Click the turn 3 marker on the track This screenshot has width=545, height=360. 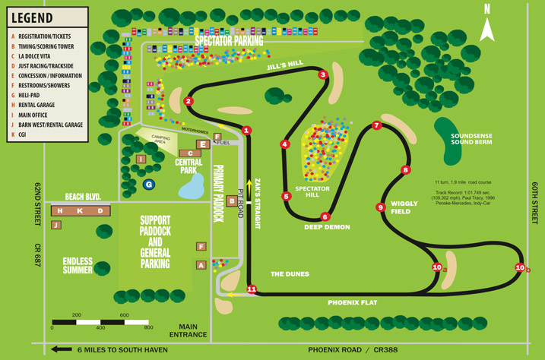[323, 74]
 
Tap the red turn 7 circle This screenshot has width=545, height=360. [376, 125]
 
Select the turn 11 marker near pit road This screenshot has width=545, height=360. [252, 289]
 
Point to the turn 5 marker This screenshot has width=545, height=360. [287, 196]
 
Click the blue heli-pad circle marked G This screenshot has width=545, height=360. [149, 184]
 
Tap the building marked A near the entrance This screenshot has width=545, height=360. [201, 264]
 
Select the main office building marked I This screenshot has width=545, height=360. [141, 159]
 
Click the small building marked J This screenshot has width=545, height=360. [55, 225]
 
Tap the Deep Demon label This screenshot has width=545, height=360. [326, 226]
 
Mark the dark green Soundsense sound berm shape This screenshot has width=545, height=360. [454, 152]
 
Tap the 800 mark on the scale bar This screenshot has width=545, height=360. [148, 328]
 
